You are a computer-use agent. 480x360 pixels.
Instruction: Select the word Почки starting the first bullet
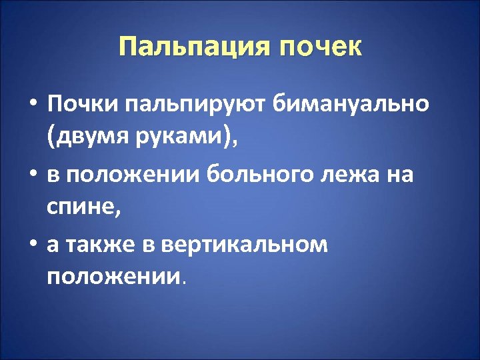81,104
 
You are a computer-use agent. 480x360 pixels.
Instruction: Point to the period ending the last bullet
183,281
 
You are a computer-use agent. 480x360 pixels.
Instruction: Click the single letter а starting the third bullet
53,247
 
